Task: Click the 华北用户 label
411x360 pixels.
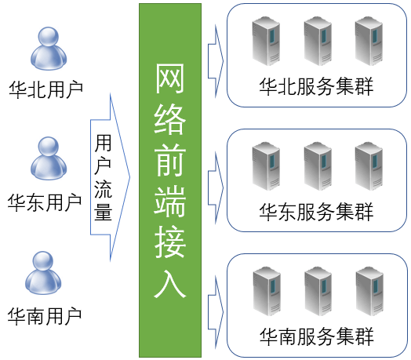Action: (x=46, y=90)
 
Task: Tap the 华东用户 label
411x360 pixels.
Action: (x=45, y=202)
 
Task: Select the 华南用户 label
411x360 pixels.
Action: (x=45, y=317)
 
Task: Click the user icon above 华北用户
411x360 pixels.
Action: (x=49, y=49)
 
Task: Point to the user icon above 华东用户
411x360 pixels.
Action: (x=49, y=158)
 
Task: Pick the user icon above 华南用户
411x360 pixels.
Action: (x=43, y=273)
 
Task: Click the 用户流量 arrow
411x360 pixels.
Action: (x=110, y=177)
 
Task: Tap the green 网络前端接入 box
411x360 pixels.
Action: (x=170, y=180)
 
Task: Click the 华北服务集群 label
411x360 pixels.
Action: (x=316, y=86)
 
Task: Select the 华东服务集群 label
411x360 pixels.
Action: (x=316, y=212)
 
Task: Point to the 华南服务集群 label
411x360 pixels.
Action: (x=316, y=336)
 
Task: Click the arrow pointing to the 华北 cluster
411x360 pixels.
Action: (x=216, y=61)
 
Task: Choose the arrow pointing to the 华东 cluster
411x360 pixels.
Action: (x=216, y=187)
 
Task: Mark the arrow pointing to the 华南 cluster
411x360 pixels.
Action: (x=216, y=312)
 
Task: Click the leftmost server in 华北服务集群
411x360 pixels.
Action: (x=266, y=41)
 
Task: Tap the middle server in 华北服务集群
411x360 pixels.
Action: (x=318, y=41)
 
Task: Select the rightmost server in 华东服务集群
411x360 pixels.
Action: (x=369, y=166)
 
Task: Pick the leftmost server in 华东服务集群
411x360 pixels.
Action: (x=266, y=166)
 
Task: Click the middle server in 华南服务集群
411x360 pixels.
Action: (x=318, y=291)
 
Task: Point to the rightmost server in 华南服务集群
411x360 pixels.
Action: (x=369, y=291)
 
